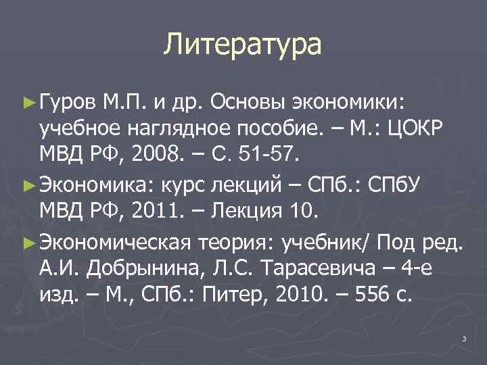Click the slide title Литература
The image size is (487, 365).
click(243, 45)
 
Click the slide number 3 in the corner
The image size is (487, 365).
click(464, 338)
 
